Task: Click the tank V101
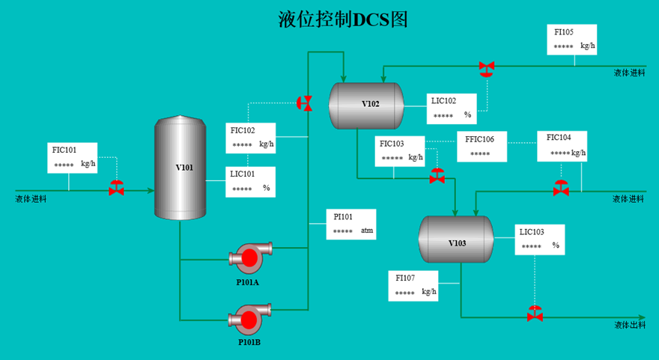coord(180,168)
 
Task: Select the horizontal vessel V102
coord(366,106)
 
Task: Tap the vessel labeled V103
coord(456,240)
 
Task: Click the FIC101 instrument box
coord(73,158)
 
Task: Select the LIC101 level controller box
coord(250,182)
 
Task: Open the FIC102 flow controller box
coord(250,138)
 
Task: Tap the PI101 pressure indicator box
coord(351,225)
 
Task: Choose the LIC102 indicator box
coord(452,109)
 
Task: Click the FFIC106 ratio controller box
coord(482,147)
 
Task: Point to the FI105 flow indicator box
coord(572,40)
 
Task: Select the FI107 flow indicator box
coord(413,286)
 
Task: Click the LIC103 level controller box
coord(540,240)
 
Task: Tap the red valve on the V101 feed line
coord(116,188)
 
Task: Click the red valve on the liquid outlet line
coord(535,314)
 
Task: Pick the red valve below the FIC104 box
coord(561,189)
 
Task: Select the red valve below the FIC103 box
coord(437,176)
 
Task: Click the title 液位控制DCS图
coord(343,19)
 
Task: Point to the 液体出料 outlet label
coord(630,325)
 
